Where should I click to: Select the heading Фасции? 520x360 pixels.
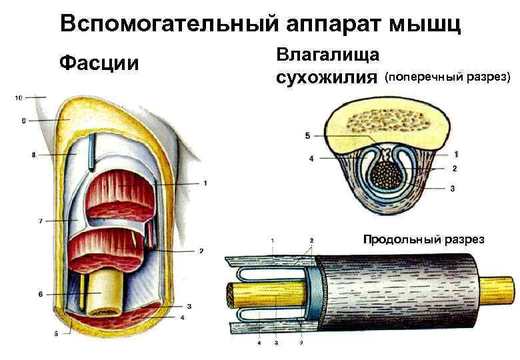[x=99, y=63]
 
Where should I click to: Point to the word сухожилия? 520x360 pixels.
[x=326, y=77]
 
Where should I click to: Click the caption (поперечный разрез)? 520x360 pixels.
[x=447, y=77]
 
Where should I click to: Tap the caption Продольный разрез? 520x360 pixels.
[x=423, y=239]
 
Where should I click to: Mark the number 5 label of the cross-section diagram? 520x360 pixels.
[x=307, y=136]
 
